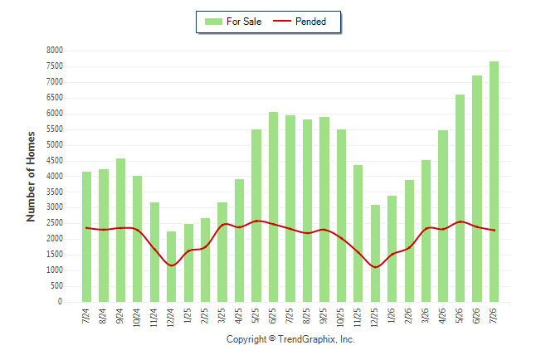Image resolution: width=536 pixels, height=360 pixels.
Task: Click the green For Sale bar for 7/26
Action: click(494, 182)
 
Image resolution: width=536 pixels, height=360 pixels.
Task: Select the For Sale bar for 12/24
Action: click(171, 266)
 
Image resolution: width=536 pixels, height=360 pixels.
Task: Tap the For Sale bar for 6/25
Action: click(273, 207)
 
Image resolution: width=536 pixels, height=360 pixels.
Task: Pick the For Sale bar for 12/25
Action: click(375, 253)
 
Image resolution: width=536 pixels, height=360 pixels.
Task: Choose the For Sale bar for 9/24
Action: click(120, 230)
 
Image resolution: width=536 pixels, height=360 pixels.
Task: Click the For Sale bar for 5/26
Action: click(460, 198)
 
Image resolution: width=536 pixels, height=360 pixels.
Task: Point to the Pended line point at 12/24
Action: click(171, 265)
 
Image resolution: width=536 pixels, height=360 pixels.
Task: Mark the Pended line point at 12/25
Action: click(375, 267)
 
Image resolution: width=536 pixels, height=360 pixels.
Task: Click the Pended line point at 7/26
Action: click(494, 230)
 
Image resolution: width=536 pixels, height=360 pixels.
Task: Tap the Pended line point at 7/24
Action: click(86, 227)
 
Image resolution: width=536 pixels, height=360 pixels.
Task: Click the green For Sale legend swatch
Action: click(213, 22)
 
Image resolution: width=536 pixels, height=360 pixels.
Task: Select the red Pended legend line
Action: click(282, 21)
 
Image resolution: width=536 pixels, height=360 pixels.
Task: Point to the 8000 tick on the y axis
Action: click(55, 51)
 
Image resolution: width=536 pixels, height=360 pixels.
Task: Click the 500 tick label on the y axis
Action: click(56, 286)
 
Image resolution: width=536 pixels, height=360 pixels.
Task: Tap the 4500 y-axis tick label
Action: click(55, 160)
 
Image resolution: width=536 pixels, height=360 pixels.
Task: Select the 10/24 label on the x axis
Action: click(137, 317)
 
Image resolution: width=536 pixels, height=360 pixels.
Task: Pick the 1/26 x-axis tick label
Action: click(392, 315)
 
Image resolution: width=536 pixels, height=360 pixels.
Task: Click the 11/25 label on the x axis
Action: click(358, 317)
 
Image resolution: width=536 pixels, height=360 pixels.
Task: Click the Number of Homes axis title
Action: click(31, 177)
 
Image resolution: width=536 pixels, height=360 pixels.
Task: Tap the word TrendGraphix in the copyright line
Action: click(307, 339)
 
